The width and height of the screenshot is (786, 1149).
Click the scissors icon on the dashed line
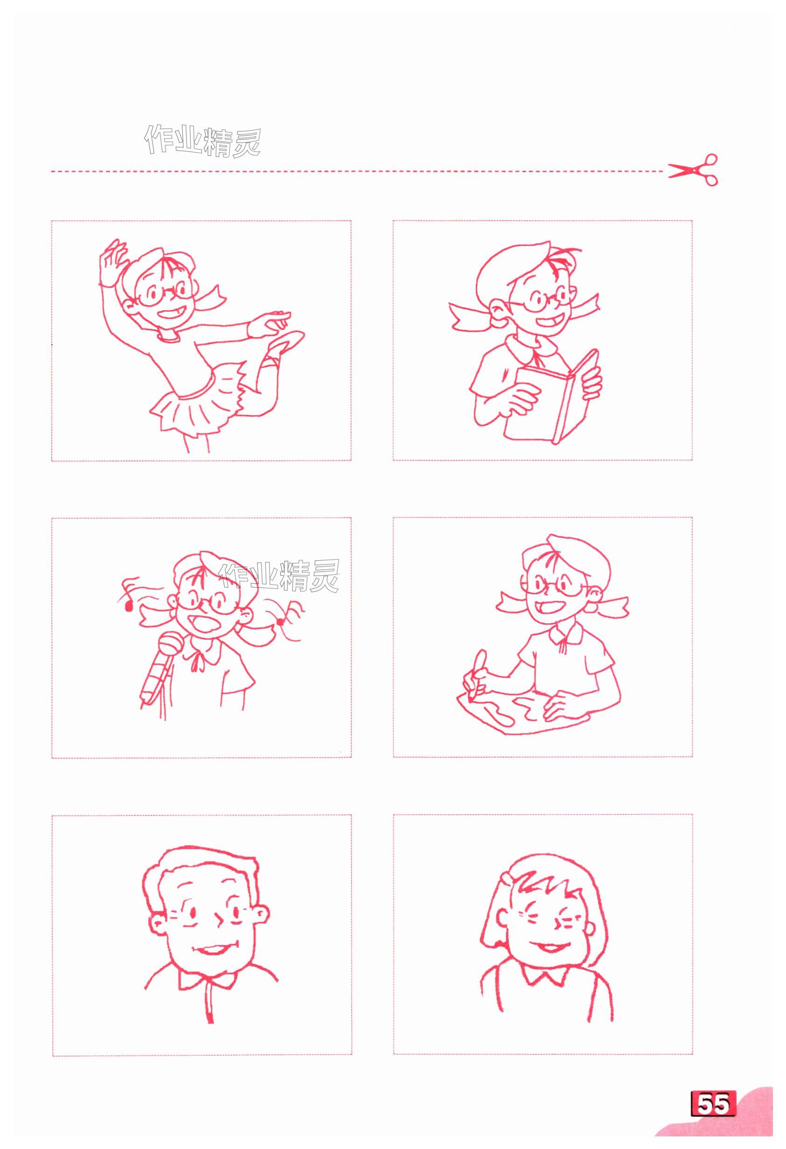tap(693, 170)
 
